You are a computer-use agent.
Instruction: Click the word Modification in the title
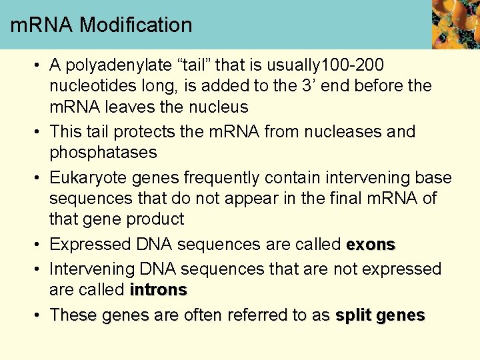point(136,25)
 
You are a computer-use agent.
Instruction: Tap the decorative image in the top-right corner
point(455,24)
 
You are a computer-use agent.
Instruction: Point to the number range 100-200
point(353,65)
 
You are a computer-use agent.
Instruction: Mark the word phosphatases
point(103,152)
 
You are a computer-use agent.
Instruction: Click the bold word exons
point(371,244)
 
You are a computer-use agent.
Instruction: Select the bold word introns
point(158,290)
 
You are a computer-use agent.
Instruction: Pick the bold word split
point(353,315)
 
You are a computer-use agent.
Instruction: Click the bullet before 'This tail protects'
point(39,132)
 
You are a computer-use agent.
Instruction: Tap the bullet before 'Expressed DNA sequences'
point(39,245)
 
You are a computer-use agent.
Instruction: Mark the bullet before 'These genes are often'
point(39,315)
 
